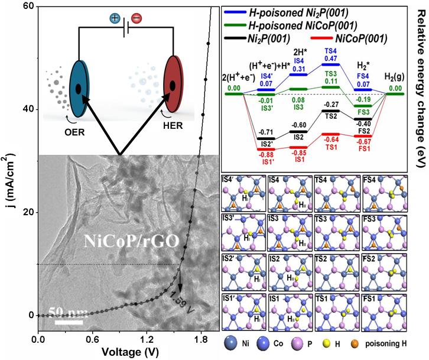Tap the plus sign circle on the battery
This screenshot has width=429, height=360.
click(x=116, y=18)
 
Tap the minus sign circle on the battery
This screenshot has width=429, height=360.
click(x=135, y=18)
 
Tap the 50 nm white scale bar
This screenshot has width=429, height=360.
click(x=69, y=322)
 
